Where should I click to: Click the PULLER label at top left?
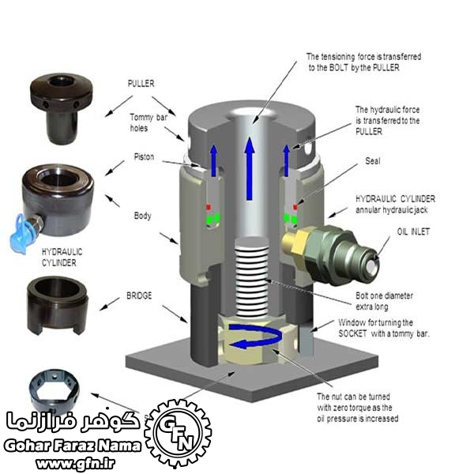click(x=141, y=84)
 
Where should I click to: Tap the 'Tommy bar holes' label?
click(x=149, y=122)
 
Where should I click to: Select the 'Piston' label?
click(x=145, y=157)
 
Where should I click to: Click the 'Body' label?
click(x=143, y=216)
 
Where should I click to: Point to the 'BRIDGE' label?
click(x=139, y=295)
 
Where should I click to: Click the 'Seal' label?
click(x=372, y=161)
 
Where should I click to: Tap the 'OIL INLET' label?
click(x=413, y=231)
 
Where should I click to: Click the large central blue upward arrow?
click(x=250, y=168)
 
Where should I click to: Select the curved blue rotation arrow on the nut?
click(x=256, y=337)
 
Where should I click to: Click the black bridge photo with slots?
click(x=57, y=305)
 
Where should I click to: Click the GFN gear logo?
click(x=178, y=433)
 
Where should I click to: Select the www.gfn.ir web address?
click(x=75, y=462)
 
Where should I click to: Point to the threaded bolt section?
click(x=251, y=277)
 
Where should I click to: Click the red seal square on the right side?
click(x=295, y=207)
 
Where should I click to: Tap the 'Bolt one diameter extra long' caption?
click(x=384, y=301)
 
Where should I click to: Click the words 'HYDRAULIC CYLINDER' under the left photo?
click(x=62, y=258)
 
